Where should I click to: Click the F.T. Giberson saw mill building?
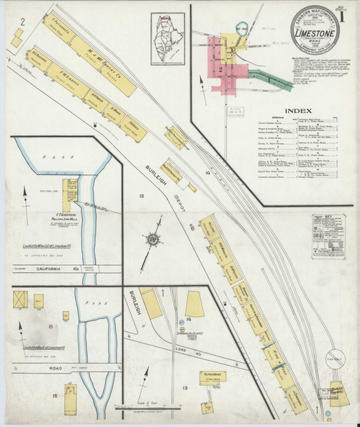pyautogui.click(x=72, y=187)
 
